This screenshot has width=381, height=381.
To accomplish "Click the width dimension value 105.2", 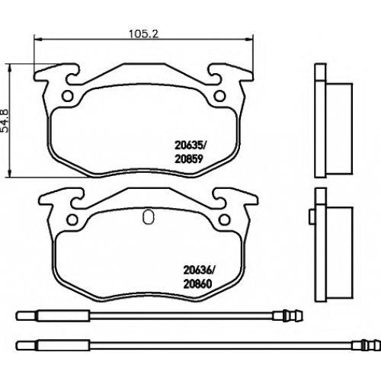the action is click(144, 34).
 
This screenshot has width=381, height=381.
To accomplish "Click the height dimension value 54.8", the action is click(5, 121).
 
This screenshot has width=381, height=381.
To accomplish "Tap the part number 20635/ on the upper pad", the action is click(191, 146).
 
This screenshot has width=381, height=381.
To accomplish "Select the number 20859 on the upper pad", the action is click(189, 159).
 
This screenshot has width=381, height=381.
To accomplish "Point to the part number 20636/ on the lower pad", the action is click(200, 271).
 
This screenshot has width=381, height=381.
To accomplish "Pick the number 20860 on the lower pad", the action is click(197, 284).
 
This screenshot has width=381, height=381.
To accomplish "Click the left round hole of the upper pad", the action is click(68, 96).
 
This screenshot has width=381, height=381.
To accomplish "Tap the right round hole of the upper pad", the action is click(219, 96).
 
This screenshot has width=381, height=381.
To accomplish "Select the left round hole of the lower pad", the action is click(73, 220).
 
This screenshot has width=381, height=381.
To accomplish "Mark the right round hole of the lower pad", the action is click(225, 220).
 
